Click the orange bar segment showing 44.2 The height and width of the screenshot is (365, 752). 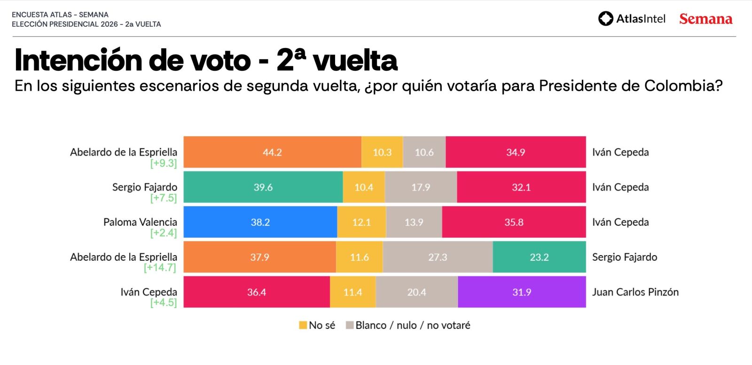[272, 152]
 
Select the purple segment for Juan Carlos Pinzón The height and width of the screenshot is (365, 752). [522, 292]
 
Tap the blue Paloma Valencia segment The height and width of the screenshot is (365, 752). [260, 222]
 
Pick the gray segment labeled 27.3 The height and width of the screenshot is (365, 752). [438, 257]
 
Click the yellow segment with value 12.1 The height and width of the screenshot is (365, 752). [361, 222]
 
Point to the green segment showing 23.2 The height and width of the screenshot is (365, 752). [539, 257]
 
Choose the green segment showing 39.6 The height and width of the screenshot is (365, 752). [263, 187]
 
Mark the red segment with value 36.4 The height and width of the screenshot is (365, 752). [256, 292]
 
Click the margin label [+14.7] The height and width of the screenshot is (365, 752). [160, 268]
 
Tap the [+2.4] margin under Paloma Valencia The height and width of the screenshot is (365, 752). [163, 233]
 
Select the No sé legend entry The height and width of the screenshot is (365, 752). [317, 325]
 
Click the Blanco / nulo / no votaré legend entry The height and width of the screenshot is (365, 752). [408, 325]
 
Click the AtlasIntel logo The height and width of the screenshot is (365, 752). [632, 19]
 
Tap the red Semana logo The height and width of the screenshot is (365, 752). [705, 19]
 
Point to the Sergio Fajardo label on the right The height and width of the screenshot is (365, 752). [624, 257]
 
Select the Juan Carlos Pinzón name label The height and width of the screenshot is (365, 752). [635, 292]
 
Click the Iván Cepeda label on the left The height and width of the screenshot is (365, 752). [149, 292]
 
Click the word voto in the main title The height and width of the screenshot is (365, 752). [220, 61]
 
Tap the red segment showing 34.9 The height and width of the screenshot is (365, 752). [516, 152]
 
